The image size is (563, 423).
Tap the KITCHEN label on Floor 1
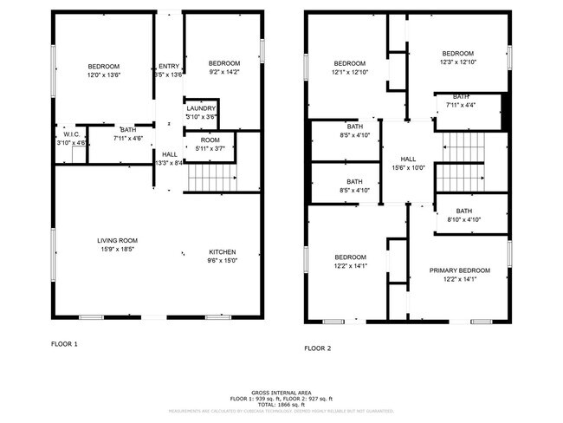222,252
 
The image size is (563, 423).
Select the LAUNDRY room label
201,108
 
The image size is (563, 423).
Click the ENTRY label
168,66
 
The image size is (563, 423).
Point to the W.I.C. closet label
71,134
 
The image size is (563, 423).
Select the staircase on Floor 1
211,179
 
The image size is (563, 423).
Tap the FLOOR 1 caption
64,344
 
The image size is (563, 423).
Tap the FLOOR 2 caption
316,348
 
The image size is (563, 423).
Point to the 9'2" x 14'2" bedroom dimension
223,72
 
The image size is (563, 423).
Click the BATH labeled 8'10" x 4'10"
464,211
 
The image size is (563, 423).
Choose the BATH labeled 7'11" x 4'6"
127,129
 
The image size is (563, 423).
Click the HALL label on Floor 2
407,159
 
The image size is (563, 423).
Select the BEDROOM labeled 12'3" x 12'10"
458,53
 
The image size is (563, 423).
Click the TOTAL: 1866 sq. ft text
281,405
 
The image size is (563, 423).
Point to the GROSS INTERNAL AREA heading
281,392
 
